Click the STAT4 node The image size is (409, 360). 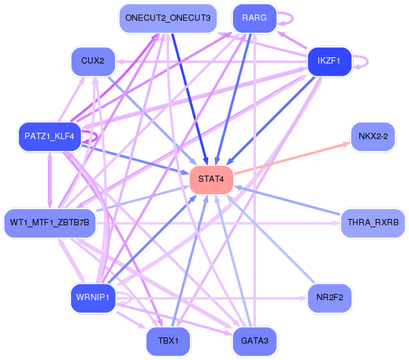tap(211, 179)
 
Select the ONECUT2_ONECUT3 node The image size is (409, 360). tap(168, 18)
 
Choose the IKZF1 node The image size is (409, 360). tap(328, 61)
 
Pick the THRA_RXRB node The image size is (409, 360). tap(373, 222)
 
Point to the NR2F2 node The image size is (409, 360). tap(328, 298)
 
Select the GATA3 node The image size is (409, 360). tap(254, 340)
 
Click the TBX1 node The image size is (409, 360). tap(168, 340)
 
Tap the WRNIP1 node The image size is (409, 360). tap(93, 297)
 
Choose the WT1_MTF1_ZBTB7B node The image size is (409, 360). tap(50, 222)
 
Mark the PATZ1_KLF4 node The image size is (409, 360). tap(50, 137)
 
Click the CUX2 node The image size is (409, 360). tap(93, 61)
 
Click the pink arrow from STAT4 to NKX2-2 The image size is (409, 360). tap(293, 158)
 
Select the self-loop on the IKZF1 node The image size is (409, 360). tap(363, 62)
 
